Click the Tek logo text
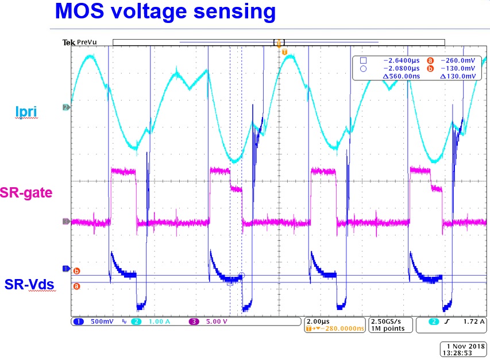point(69,42)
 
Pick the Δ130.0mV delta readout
point(457,76)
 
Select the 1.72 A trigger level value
point(472,322)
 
